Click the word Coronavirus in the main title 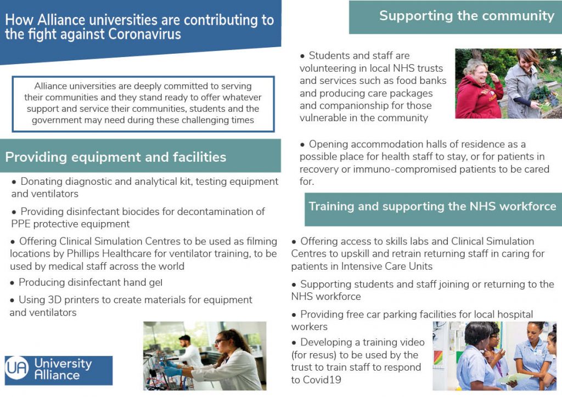(x=144, y=35)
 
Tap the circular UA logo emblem (x=17, y=367)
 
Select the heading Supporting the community (x=467, y=16)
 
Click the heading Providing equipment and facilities (x=115, y=157)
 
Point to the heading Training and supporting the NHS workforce (x=432, y=207)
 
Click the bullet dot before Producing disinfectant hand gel (x=12, y=283)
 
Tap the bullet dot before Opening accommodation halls (x=302, y=145)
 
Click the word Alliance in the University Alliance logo (x=57, y=375)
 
